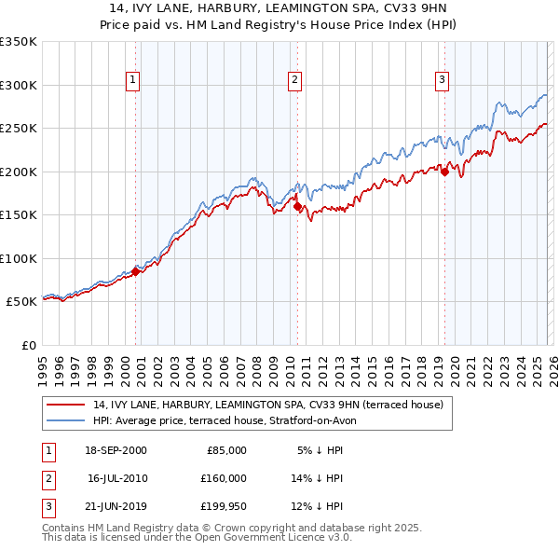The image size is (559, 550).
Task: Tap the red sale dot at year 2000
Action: [x=136, y=271]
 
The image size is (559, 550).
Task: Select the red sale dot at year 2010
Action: [x=297, y=207]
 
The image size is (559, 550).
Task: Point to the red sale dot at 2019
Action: [x=444, y=172]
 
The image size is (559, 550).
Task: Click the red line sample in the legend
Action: [x=67, y=406]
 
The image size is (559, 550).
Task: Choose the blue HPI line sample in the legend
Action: [x=67, y=420]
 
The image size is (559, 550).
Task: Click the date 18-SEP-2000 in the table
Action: [x=116, y=450]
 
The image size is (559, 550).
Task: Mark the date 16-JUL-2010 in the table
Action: [x=116, y=478]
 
